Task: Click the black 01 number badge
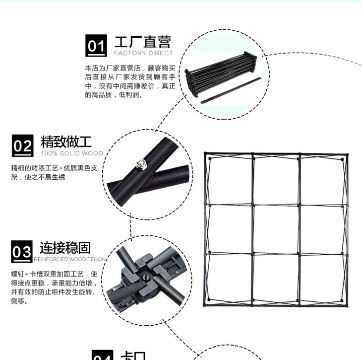tap(96, 46)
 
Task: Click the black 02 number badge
tap(22, 146)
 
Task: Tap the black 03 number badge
tap(22, 252)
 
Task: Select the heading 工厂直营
tap(142, 42)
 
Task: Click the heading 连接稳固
tap(65, 247)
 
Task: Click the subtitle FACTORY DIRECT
tap(144, 53)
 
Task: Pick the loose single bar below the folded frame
tap(231, 90)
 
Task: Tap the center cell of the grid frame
tap(276, 229)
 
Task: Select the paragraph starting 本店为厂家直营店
tap(130, 81)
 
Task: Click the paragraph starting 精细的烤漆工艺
tap(58, 172)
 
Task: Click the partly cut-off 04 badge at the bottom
tap(103, 355)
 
